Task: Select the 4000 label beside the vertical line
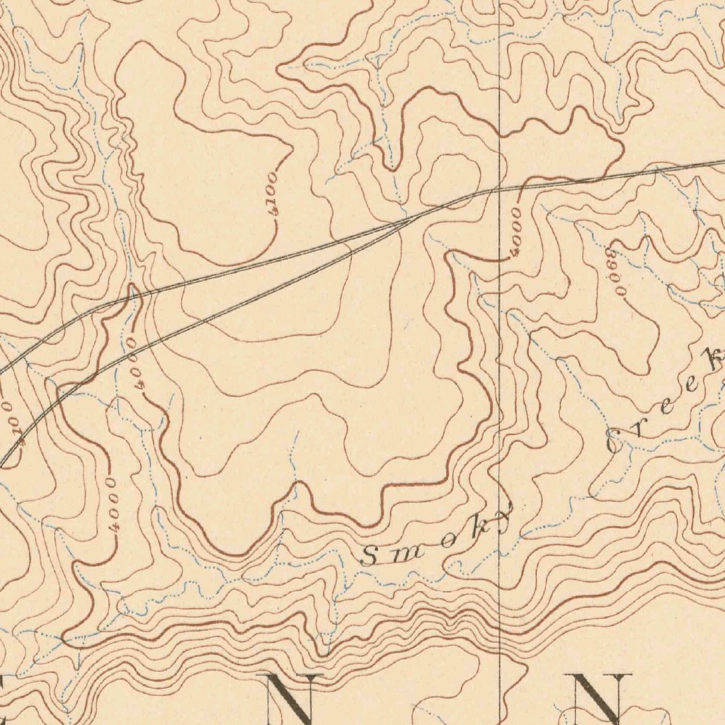coord(515,231)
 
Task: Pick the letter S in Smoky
coord(370,556)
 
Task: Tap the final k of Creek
coord(715,360)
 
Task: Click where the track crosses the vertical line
coord(500,188)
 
